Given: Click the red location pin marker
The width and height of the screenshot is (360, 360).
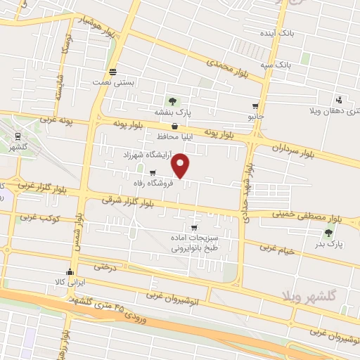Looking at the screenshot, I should [181, 166].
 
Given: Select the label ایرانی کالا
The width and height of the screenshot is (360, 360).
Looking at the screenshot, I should [70, 282].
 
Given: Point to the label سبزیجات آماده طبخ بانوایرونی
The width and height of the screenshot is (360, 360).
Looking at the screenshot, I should [194, 243].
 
